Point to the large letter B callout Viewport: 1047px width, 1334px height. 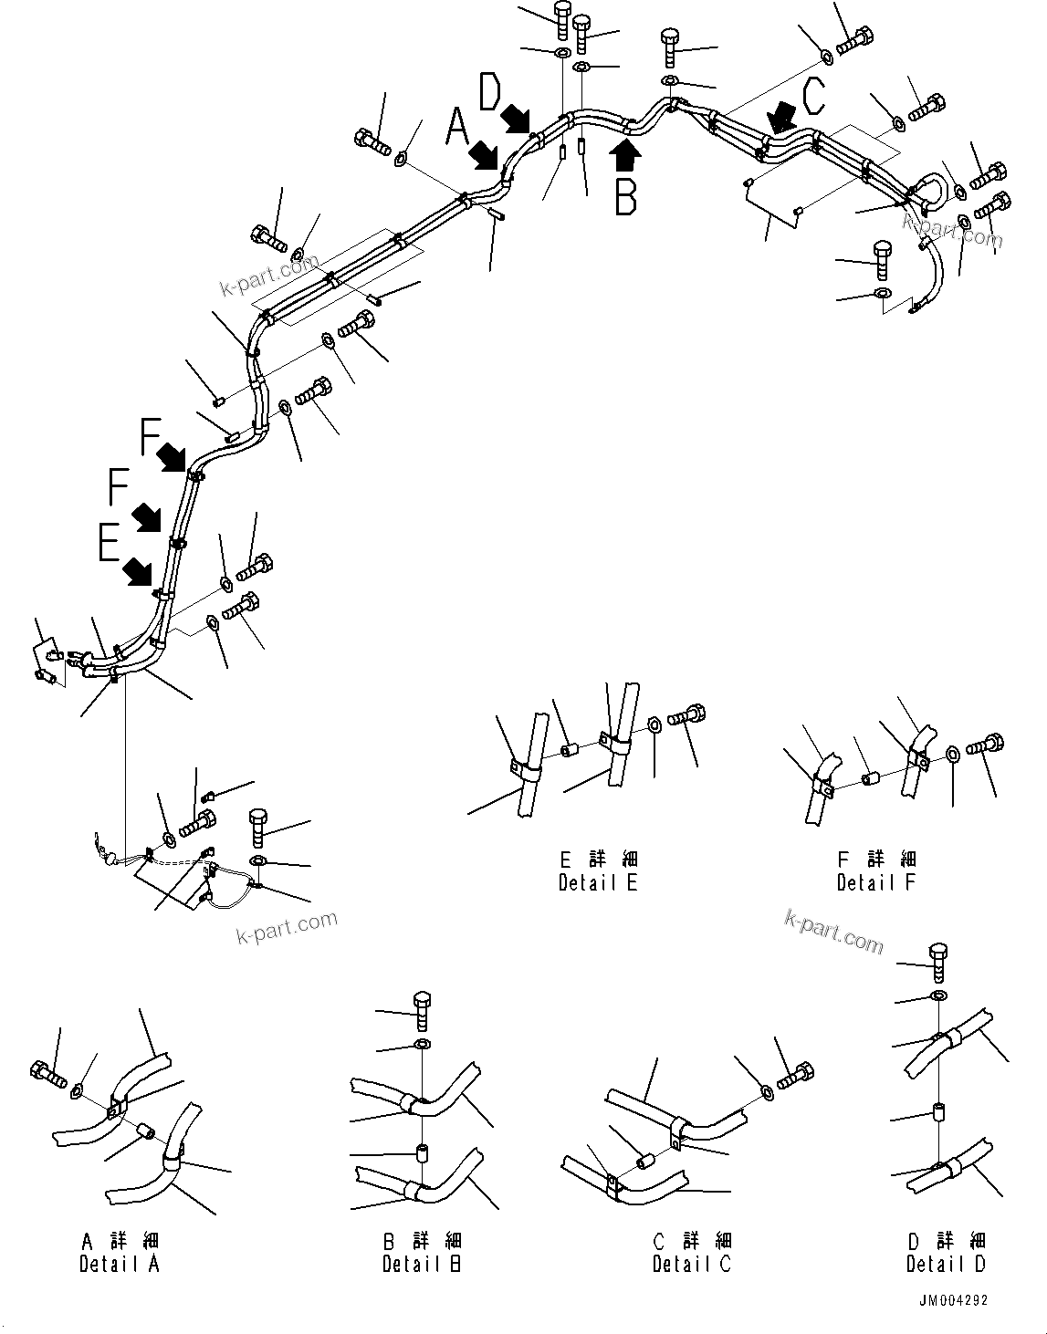point(625,196)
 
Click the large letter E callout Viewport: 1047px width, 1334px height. point(109,545)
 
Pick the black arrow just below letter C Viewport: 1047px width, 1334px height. point(781,117)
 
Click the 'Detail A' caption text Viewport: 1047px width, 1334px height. point(119,1264)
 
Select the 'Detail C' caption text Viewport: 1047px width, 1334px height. point(692,1264)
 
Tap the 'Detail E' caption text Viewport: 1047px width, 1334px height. point(598,882)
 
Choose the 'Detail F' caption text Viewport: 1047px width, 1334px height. point(876,882)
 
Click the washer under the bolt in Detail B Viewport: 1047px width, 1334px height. point(422,1043)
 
